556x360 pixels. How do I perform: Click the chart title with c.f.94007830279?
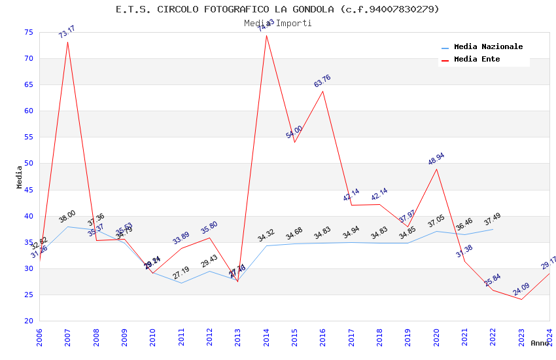tap(277, 9)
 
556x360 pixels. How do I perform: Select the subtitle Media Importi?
tap(277, 23)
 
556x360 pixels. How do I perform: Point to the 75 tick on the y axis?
tap(27, 32)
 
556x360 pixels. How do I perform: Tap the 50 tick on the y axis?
tap(27, 164)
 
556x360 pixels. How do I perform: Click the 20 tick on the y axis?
tap(27, 321)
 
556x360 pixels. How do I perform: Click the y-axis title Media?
tap(20, 177)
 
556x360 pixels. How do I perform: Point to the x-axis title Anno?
tap(540, 343)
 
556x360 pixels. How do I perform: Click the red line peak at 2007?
tap(67, 42)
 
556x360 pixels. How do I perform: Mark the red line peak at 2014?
tap(266, 35)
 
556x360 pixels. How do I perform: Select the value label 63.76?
tap(322, 81)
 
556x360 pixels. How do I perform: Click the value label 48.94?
tap(436, 159)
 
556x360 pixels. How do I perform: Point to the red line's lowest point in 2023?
tap(521, 299)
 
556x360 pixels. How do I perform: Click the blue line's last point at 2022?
tap(493, 229)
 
